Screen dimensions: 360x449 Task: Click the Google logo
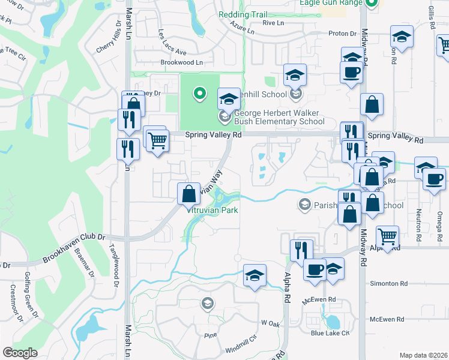pyautogui.click(x=20, y=353)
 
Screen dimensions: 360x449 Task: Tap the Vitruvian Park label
pyautogui.click(x=213, y=210)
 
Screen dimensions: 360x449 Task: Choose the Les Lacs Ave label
pyautogui.click(x=172, y=41)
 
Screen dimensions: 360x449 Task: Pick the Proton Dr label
pyautogui.click(x=342, y=34)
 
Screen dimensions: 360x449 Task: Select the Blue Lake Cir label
pyautogui.click(x=330, y=333)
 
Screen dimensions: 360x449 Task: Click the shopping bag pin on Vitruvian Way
pyautogui.click(x=188, y=193)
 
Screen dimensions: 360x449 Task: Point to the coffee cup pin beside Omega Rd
pyautogui.click(x=433, y=178)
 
